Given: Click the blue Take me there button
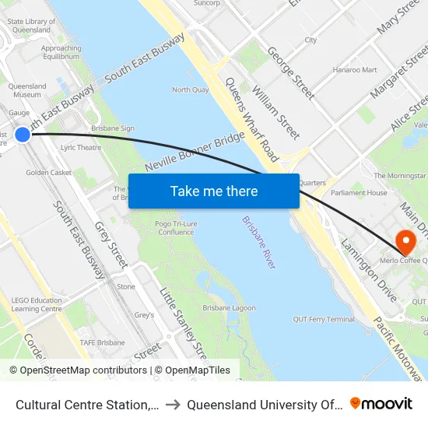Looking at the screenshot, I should click(213, 191).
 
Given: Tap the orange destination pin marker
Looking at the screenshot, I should click(405, 240).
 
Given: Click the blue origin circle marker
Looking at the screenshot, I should click(23, 134).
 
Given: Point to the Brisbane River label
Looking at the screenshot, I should click(259, 243).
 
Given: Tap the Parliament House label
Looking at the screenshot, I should click(360, 193).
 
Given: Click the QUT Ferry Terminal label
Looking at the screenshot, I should click(324, 319).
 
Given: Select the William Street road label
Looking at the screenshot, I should click(275, 114).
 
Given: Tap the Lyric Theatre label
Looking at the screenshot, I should click(81, 147).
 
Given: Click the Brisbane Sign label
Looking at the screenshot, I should click(113, 128).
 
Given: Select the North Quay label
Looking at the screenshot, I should click(190, 90).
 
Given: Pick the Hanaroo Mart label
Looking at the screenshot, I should click(354, 70).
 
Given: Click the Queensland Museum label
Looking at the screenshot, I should click(27, 90).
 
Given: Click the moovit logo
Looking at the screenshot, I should click(381, 403).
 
